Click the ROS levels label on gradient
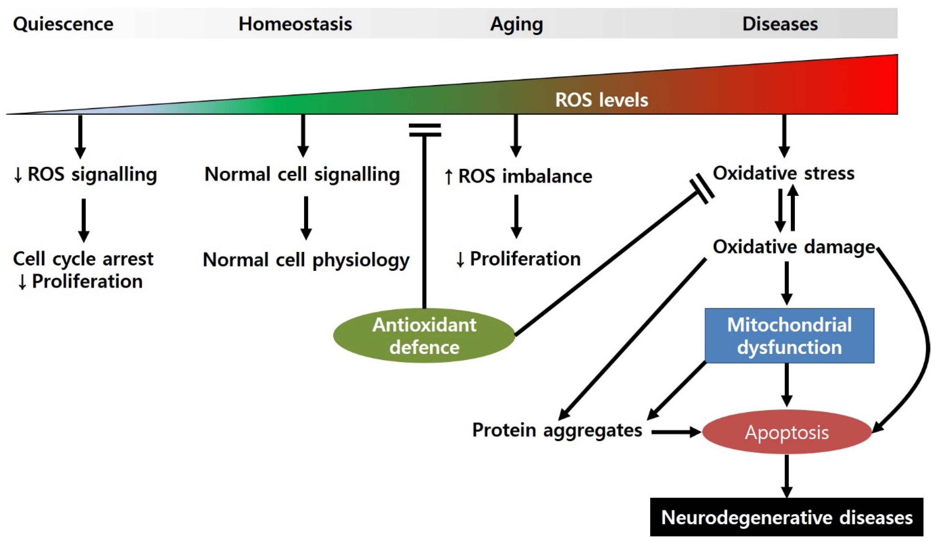[601, 100]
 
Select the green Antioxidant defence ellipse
[424, 336]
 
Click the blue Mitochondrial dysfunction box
[789, 336]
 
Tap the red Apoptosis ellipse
[786, 433]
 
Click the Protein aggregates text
[557, 430]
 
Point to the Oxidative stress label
[783, 173]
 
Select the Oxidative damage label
[793, 247]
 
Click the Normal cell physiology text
[306, 260]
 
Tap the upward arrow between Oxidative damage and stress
[793, 209]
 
